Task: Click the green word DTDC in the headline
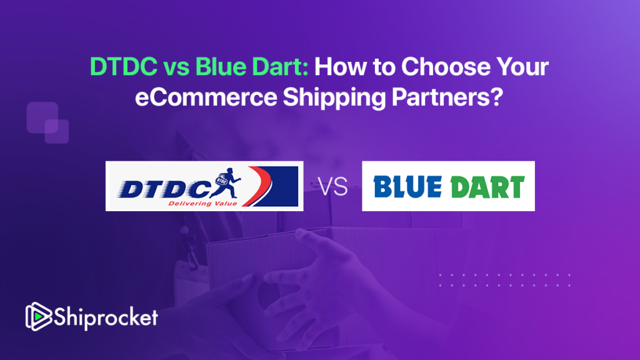tap(124, 66)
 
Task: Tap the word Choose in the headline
tap(446, 66)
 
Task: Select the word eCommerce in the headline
tap(206, 97)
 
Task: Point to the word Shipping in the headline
tap(334, 98)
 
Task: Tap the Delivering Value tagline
tap(202, 203)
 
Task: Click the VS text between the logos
tap(332, 187)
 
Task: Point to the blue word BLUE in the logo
tap(407, 187)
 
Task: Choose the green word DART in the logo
tap(487, 187)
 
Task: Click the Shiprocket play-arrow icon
tap(38, 316)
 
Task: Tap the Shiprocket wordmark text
tap(106, 317)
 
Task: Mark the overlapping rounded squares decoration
tap(47, 122)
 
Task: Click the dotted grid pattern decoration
tap(505, 280)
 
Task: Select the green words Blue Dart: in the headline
tap(251, 66)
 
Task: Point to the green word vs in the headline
tap(176, 69)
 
